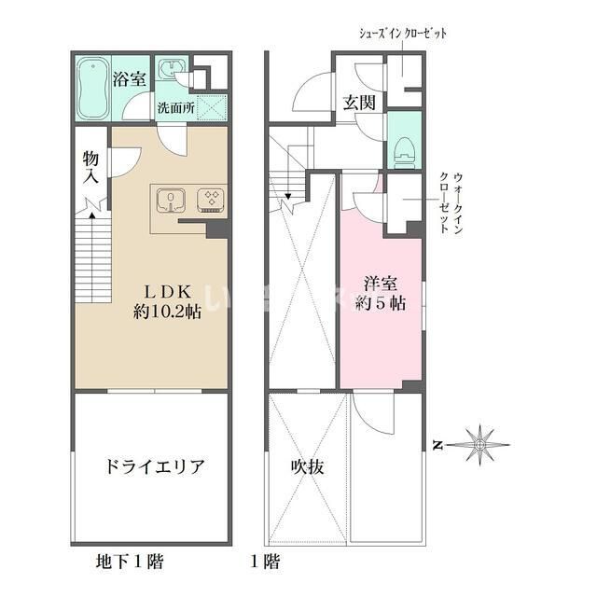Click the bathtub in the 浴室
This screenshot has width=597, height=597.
(x=91, y=89)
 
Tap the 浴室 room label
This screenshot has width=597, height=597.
(x=129, y=79)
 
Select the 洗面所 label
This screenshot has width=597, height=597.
(x=175, y=107)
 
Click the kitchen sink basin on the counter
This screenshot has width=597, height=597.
(x=172, y=200)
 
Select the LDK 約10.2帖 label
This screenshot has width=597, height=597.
(x=165, y=299)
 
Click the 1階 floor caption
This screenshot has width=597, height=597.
(x=264, y=562)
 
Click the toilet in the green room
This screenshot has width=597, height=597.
(x=403, y=149)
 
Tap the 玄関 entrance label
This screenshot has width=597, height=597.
(x=358, y=103)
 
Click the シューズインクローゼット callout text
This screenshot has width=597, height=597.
(x=404, y=34)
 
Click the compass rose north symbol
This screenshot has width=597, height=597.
(x=479, y=444)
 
